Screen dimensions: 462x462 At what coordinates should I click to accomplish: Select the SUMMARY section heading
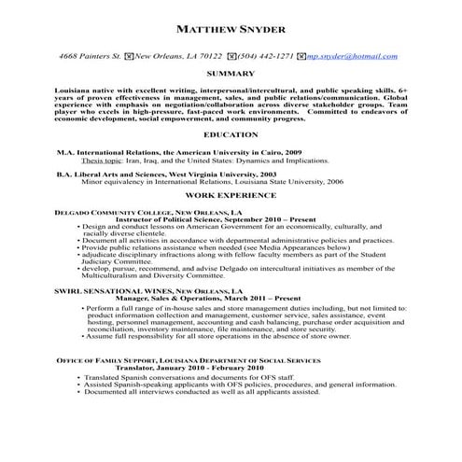tap(231, 73)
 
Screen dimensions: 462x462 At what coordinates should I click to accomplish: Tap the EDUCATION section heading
tap(231, 135)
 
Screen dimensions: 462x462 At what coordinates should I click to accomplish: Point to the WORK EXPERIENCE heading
tap(231, 197)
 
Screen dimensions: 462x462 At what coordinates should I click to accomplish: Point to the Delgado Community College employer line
tap(143, 211)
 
